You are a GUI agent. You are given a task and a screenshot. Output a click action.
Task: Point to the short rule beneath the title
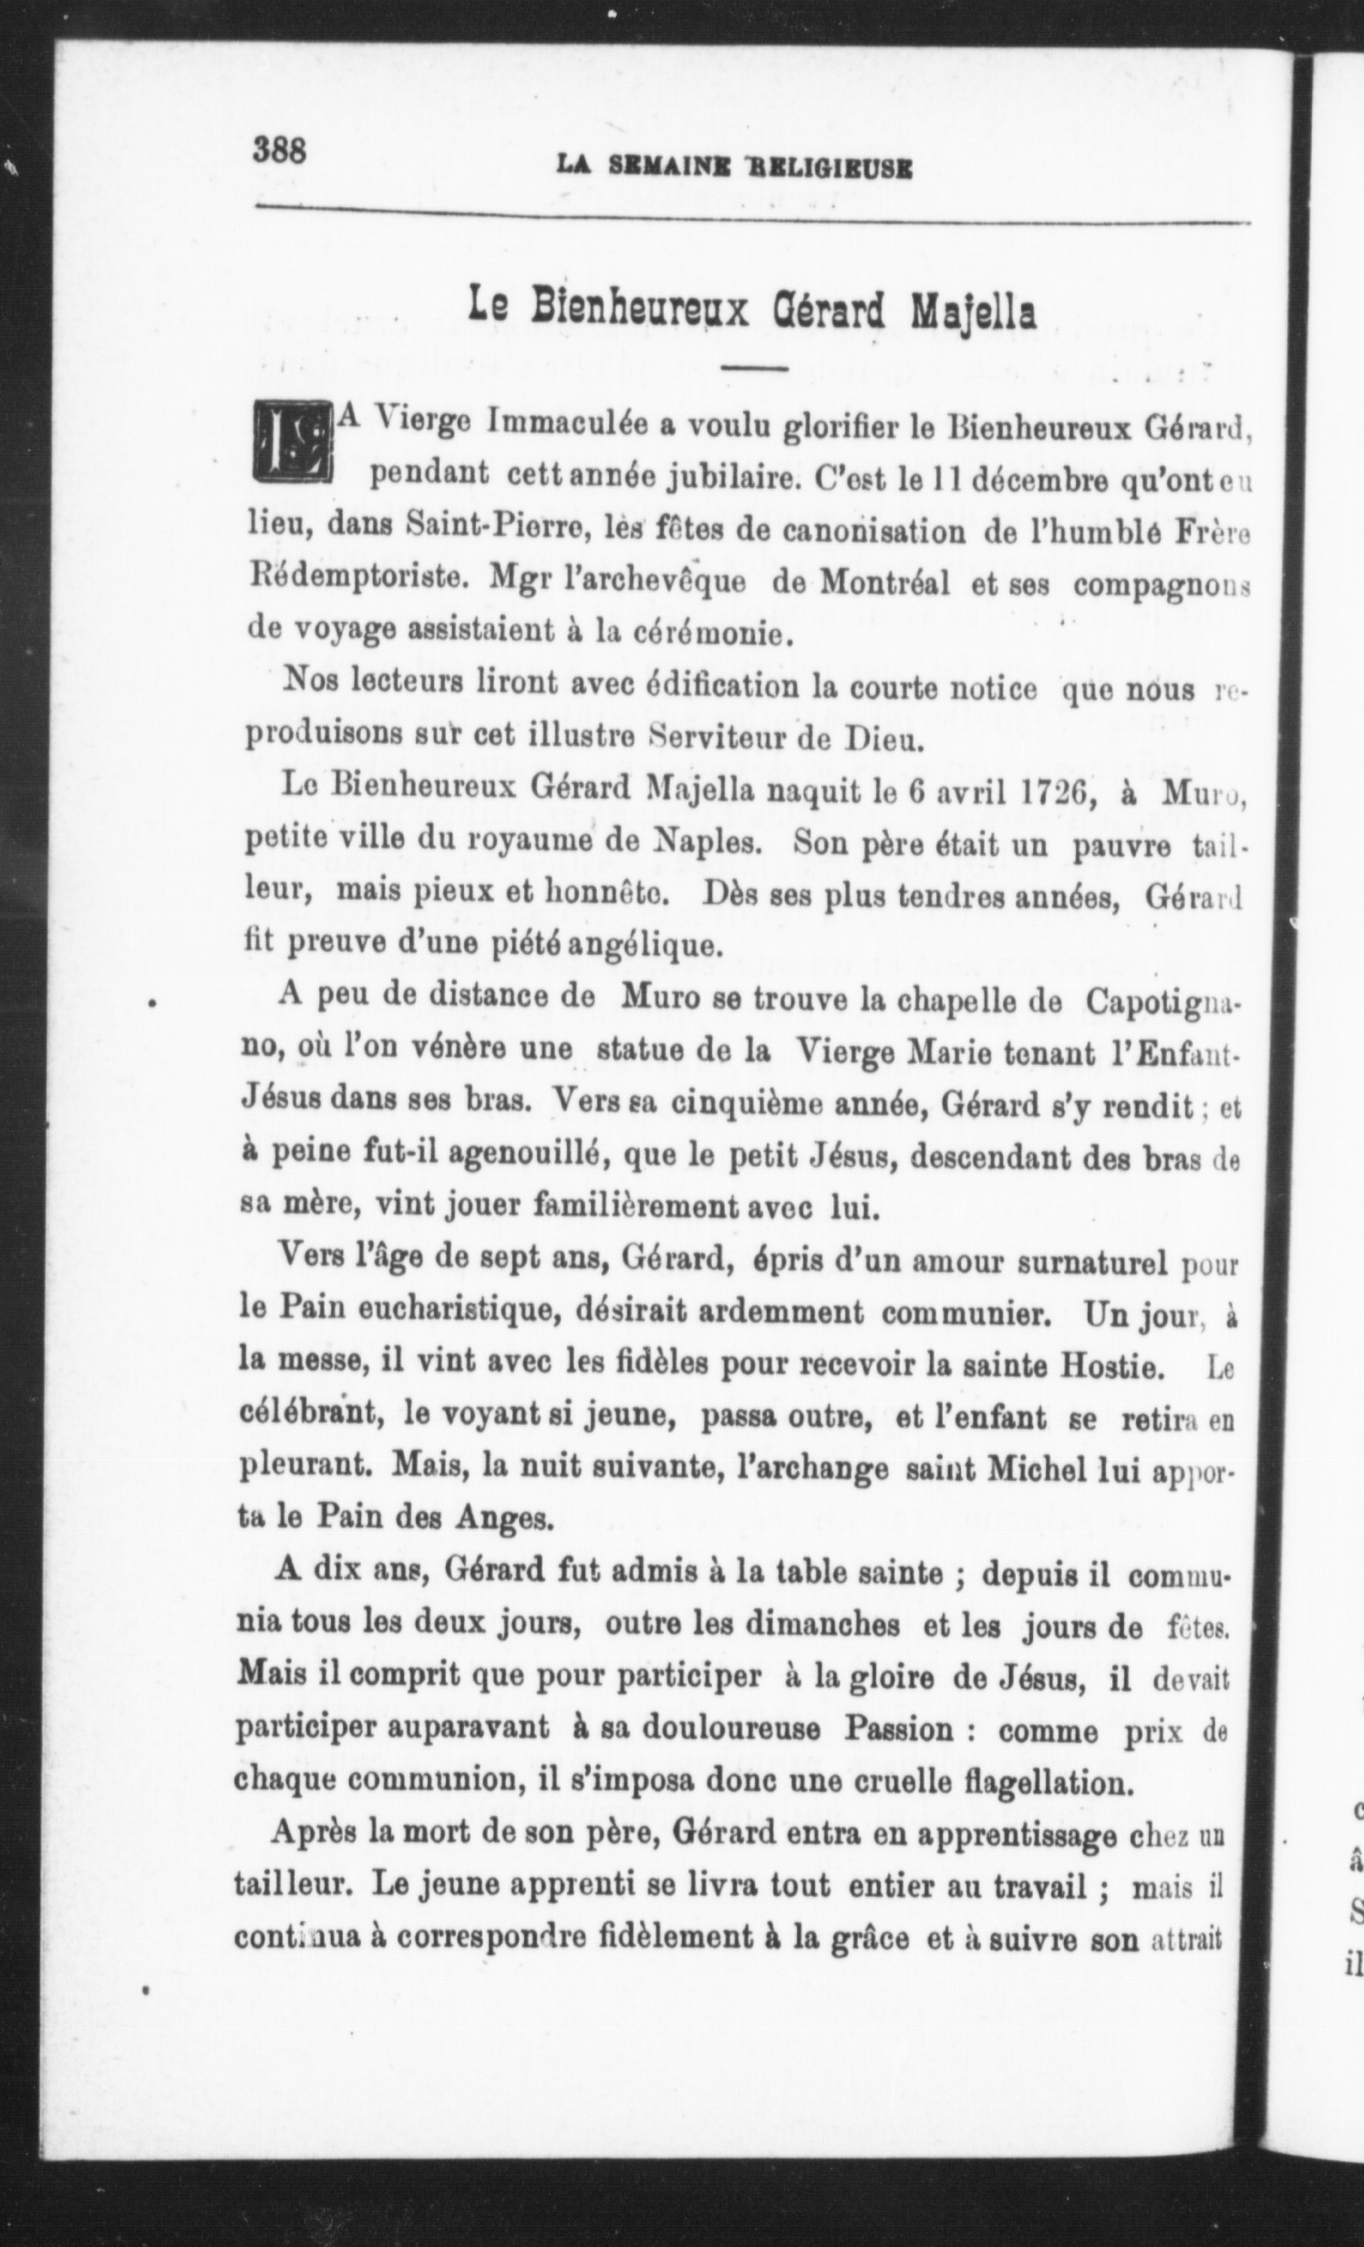[753, 368]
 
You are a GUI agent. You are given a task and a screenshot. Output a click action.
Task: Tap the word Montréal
[885, 582]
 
